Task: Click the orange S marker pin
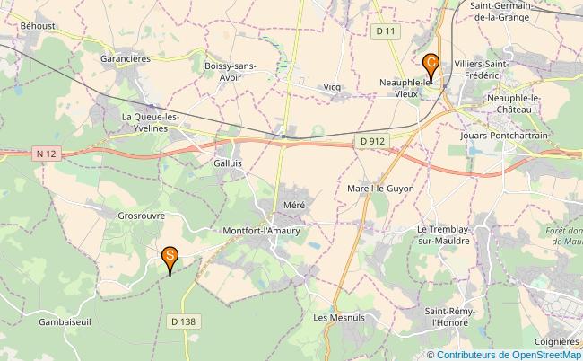click(x=170, y=258)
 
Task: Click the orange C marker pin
click(x=431, y=64)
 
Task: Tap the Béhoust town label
click(x=37, y=27)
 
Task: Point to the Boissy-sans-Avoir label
click(x=230, y=71)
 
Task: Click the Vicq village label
click(x=333, y=87)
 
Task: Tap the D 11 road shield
click(x=386, y=32)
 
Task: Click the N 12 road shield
click(x=47, y=154)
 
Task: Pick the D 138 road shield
click(x=183, y=321)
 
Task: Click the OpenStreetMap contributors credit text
click(x=509, y=354)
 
